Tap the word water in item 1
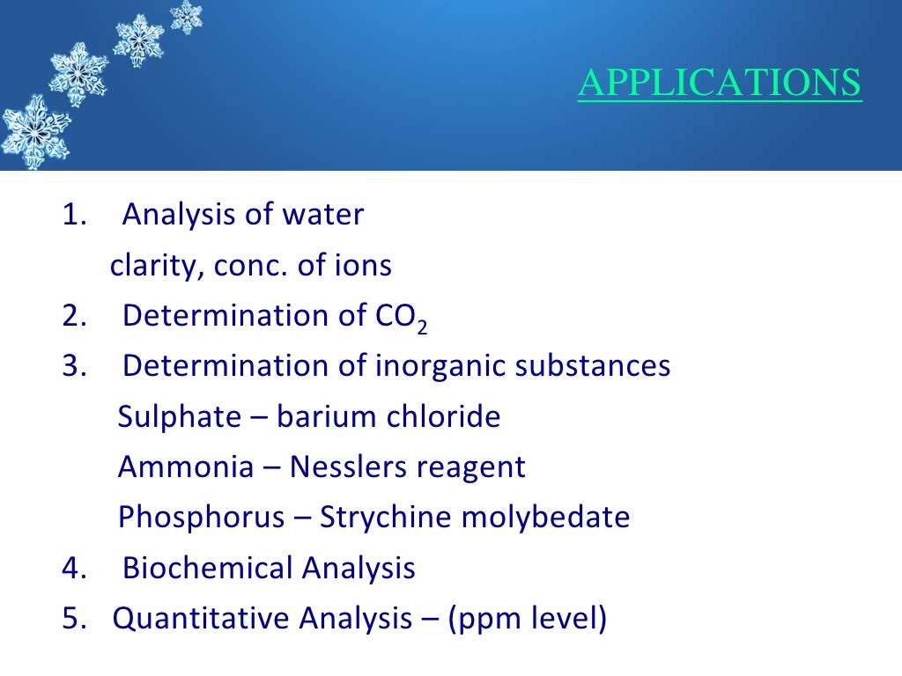323,215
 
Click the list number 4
71,569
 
